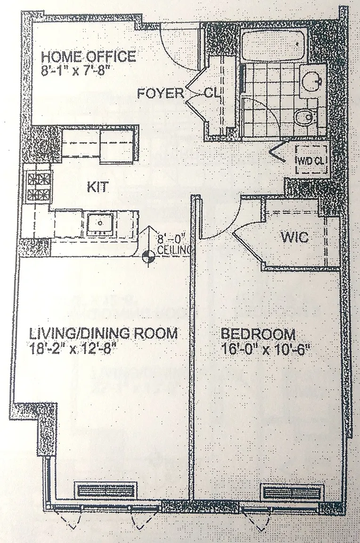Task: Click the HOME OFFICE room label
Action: pos(88,56)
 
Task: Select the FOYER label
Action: pos(160,93)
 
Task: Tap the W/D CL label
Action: pos(311,161)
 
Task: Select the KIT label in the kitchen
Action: pos(97,187)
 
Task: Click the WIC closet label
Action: pos(295,238)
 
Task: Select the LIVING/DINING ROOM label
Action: pos(104,334)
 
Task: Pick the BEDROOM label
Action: pos(258,335)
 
